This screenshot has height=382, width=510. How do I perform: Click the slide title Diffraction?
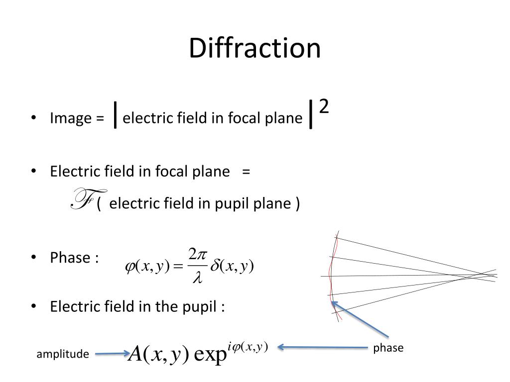coord(255,49)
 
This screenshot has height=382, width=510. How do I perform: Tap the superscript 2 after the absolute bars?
coord(323,106)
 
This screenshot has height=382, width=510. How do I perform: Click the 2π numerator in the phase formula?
coord(197,254)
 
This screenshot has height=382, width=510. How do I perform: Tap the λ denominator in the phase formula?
coord(197,279)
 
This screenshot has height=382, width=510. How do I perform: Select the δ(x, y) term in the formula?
coord(232,267)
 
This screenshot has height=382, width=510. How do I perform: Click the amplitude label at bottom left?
coord(63,354)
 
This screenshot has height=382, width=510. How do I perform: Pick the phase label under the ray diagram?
coord(388,348)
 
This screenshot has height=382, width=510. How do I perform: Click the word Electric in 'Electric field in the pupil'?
coord(72,306)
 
